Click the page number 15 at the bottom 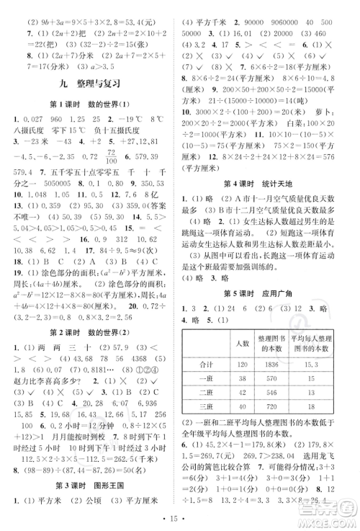(x=180, y=519)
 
